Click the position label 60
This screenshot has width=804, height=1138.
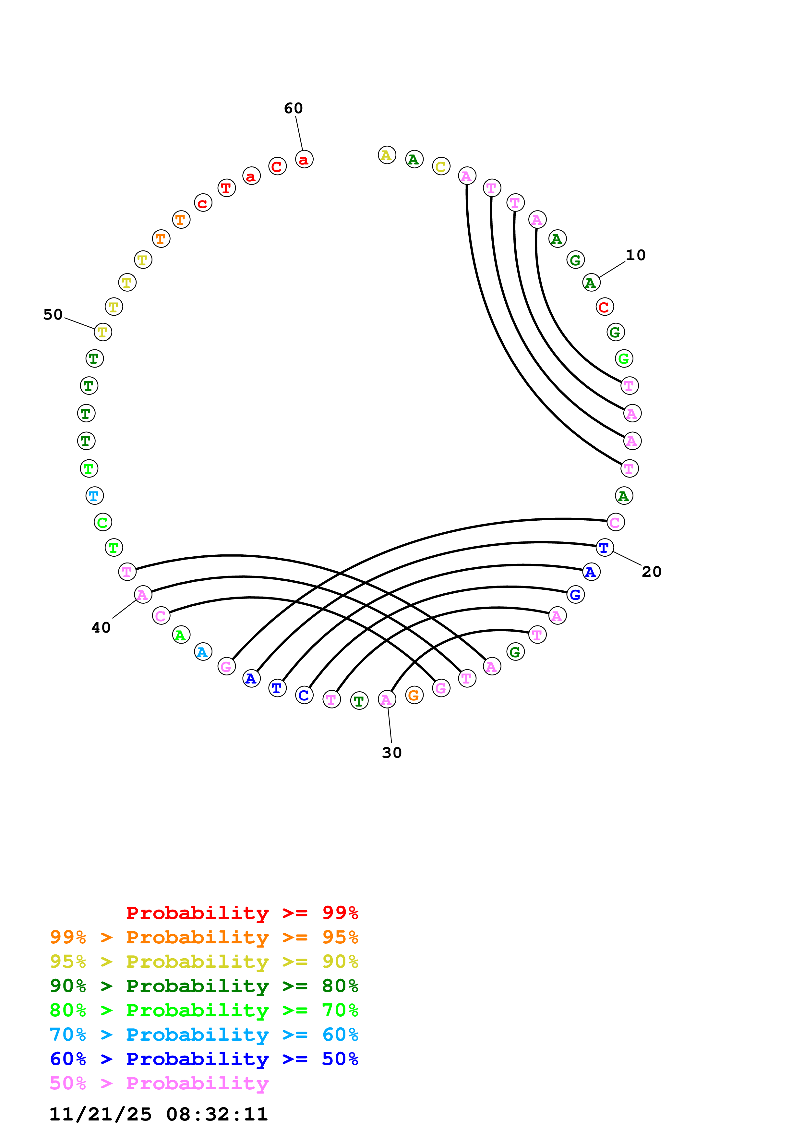click(x=293, y=108)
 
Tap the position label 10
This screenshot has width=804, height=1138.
click(x=636, y=255)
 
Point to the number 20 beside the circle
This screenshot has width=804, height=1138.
click(x=652, y=572)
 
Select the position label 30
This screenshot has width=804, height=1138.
click(x=392, y=753)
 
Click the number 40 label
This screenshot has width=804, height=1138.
click(x=101, y=628)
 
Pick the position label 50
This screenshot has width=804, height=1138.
click(x=53, y=315)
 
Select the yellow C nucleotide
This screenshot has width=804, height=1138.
click(x=441, y=166)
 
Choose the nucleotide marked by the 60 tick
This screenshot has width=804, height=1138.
click(x=304, y=160)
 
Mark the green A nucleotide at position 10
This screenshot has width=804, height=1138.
click(x=591, y=283)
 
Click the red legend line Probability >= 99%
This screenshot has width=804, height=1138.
click(x=242, y=913)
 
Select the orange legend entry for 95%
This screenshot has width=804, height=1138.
click(x=204, y=937)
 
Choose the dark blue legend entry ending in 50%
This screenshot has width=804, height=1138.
click(x=204, y=1059)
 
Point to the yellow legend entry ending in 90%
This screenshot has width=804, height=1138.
click(x=204, y=961)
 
